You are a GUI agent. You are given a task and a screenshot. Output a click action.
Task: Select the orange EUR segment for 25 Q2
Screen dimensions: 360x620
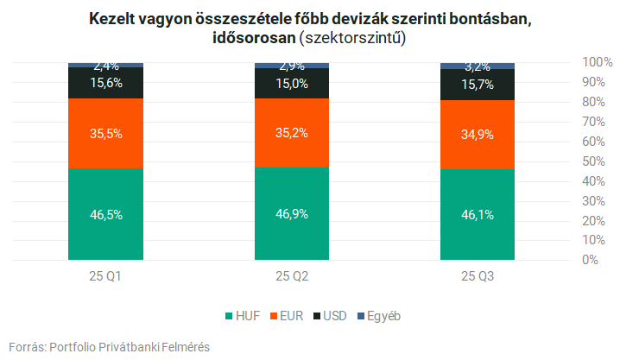click(292, 112)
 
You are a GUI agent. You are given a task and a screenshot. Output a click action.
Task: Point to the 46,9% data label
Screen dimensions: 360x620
click(292, 213)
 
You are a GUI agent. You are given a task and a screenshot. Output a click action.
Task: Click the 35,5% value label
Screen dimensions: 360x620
click(105, 133)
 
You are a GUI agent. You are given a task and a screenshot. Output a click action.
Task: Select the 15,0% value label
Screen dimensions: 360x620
click(292, 83)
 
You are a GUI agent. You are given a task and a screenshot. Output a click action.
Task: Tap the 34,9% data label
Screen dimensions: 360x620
click(478, 134)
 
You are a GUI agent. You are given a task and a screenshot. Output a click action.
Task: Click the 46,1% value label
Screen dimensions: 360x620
click(478, 214)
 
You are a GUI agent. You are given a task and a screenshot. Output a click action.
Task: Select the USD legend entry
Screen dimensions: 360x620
click(331, 316)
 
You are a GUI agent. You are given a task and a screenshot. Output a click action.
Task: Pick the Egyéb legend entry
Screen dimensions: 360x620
click(379, 316)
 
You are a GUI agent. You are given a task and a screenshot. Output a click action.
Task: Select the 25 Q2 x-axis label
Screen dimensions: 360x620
click(292, 276)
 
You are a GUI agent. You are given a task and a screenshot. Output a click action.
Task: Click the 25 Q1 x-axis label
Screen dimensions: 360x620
click(105, 276)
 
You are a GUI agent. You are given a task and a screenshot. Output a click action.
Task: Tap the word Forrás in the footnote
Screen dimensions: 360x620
click(25, 346)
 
